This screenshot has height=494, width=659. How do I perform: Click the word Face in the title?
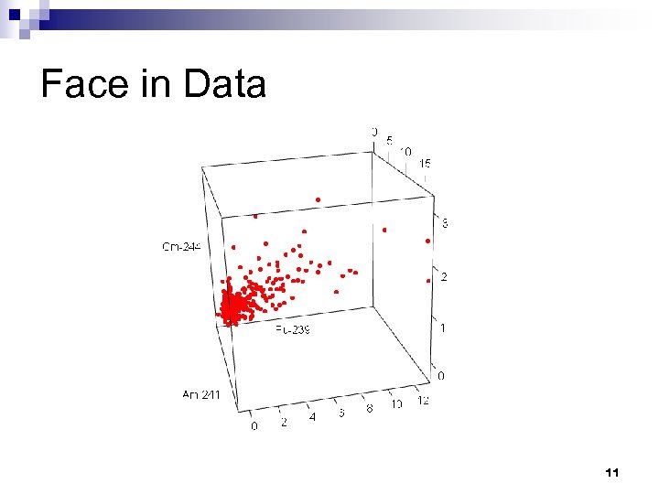(81, 84)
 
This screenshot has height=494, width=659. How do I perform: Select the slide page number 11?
(612, 473)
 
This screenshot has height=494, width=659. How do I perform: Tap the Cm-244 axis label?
(182, 246)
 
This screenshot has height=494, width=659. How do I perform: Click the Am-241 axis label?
(201, 394)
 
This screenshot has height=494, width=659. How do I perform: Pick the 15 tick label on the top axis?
(426, 163)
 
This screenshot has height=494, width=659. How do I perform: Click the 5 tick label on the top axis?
(390, 141)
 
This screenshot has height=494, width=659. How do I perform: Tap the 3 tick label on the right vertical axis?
(445, 223)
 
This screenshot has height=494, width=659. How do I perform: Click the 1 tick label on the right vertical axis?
(444, 328)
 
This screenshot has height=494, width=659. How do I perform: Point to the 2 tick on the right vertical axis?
(444, 276)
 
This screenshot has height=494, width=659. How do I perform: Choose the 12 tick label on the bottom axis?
(423, 401)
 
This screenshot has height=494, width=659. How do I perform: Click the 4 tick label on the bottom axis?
(313, 418)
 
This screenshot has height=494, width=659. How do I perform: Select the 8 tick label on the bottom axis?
(370, 409)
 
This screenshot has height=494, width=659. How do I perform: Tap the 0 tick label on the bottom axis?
(254, 426)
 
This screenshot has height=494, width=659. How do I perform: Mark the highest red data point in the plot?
(318, 199)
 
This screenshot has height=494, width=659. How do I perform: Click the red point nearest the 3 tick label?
(427, 241)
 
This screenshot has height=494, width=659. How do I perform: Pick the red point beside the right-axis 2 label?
(427, 281)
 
